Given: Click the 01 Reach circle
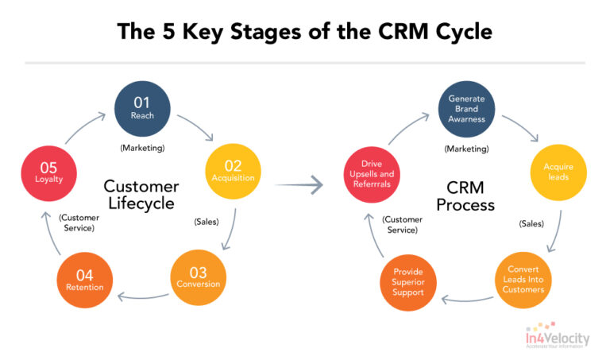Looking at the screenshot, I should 143,108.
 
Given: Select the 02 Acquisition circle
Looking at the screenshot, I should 233,171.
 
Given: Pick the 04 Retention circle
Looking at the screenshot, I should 84,280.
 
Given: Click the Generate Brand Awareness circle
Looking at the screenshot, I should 466,108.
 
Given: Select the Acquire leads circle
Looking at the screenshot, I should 558,172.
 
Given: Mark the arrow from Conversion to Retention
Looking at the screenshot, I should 142,299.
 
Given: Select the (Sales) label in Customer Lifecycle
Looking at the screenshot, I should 207,222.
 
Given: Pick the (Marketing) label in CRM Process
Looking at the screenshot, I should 466,148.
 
